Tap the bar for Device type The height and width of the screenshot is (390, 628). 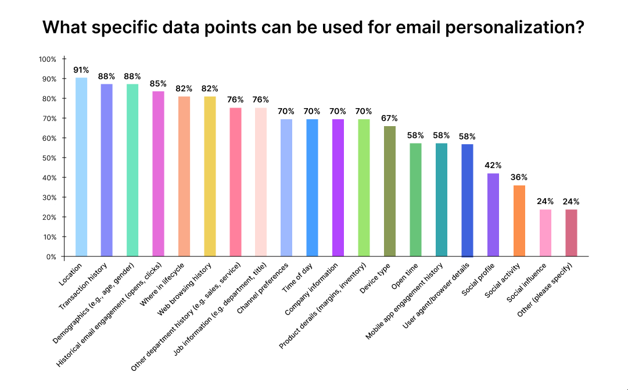[x=390, y=191]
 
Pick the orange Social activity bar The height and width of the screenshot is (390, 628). [x=519, y=221]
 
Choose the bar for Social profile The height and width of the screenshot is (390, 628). [x=493, y=215]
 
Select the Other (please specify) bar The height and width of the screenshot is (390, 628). [x=571, y=232]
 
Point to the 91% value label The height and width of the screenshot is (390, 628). [x=81, y=70]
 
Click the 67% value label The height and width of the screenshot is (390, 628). [x=390, y=118]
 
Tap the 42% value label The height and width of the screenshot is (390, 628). [x=493, y=166]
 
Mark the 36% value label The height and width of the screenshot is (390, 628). [x=519, y=177]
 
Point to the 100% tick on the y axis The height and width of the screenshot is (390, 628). [x=48, y=59]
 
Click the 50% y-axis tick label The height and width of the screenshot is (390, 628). [x=49, y=158]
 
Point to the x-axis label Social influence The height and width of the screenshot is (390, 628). [x=527, y=284]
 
